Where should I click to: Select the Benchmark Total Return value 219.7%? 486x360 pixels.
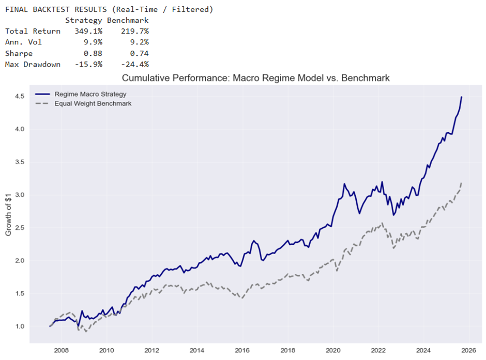[134, 31]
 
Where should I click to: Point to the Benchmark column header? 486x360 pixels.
[127, 20]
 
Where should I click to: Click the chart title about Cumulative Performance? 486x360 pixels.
[255, 78]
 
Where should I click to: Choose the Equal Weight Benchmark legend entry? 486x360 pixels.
[93, 103]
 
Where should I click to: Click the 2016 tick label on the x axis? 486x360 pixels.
[240, 350]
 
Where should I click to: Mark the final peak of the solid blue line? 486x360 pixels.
[461, 97]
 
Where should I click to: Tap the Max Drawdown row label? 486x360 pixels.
[32, 65]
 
